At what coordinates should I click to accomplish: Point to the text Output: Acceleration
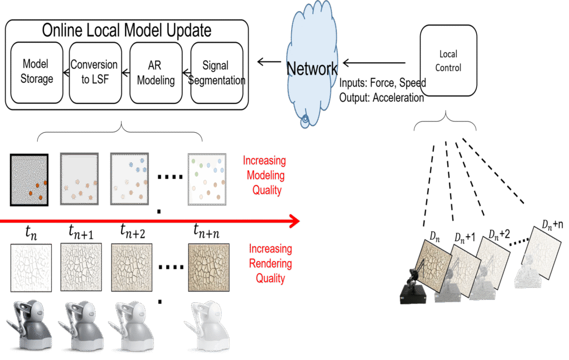381,98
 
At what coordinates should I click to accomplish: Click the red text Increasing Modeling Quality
264,176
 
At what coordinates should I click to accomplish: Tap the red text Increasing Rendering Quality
270,263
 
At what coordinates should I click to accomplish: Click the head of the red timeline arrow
295,221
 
